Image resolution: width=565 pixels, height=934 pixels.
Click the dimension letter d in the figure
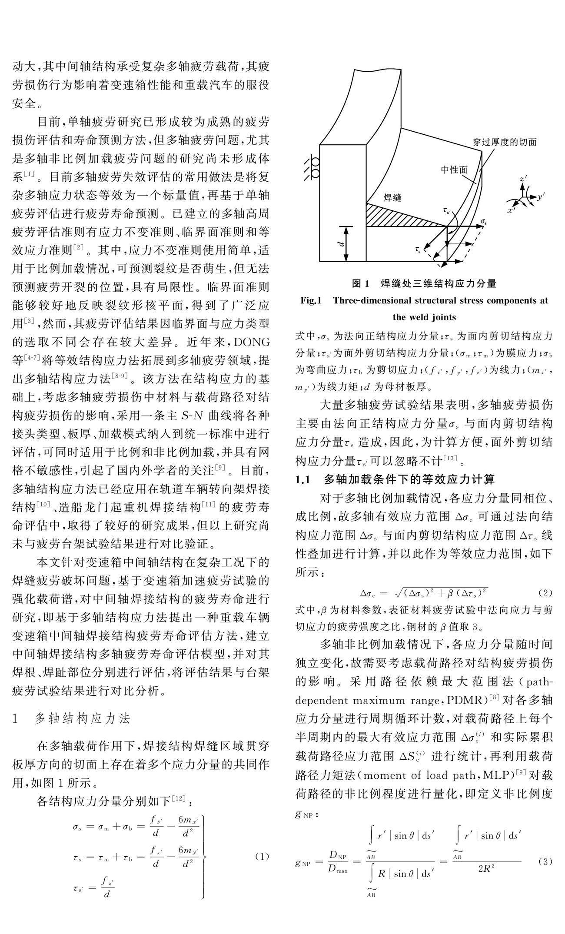(x=341, y=244)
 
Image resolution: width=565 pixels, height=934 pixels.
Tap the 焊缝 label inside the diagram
(x=392, y=198)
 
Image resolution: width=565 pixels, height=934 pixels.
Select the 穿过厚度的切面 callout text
(x=505, y=142)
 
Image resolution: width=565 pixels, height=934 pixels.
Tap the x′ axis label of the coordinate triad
(x=511, y=210)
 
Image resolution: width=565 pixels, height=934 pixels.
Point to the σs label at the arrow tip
(x=483, y=222)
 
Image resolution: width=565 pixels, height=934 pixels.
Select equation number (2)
(x=545, y=592)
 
